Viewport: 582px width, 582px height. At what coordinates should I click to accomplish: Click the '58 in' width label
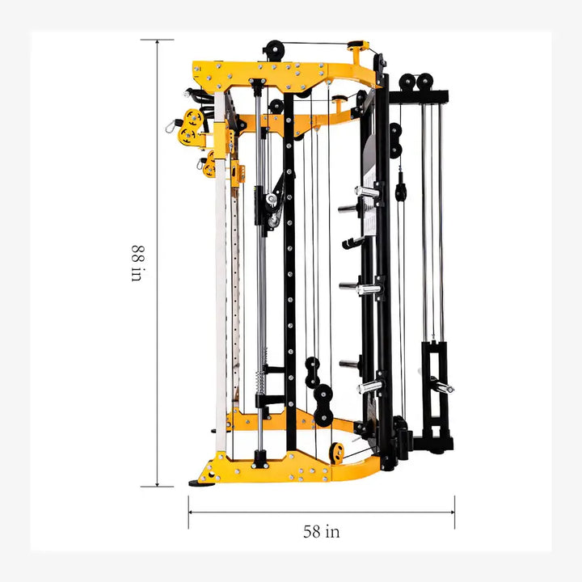tap(321, 531)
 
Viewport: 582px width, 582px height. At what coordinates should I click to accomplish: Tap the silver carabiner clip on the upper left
tap(171, 125)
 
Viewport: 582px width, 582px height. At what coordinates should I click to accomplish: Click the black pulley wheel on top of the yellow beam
tap(275, 49)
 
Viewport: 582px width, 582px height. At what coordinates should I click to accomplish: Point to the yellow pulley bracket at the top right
tap(358, 46)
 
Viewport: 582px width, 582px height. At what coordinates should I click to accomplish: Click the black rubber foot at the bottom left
tap(197, 483)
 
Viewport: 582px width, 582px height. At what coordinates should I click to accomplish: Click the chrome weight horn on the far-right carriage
tap(441, 386)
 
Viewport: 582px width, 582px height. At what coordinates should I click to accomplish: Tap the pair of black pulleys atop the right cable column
tap(416, 82)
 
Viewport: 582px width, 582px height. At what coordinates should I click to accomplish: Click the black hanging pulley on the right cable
tap(401, 191)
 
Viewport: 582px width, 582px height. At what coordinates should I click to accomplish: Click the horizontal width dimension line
tap(321, 511)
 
